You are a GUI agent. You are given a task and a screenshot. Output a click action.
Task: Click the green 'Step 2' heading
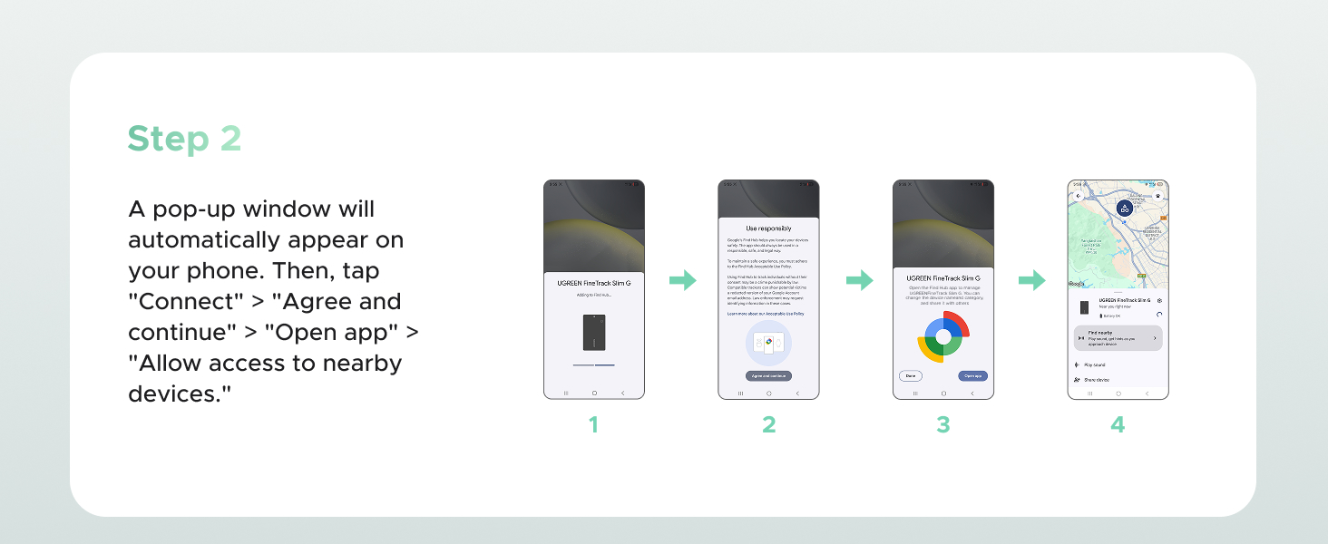pos(184,139)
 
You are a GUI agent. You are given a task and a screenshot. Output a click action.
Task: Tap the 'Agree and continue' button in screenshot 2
pos(768,375)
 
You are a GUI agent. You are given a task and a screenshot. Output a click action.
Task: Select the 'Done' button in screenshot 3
pos(910,375)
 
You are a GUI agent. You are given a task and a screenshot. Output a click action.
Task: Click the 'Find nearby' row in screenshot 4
pos(1118,337)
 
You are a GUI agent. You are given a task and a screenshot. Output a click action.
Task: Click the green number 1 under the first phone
pos(593,424)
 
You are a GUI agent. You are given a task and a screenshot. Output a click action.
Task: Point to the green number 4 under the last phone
pos(1118,424)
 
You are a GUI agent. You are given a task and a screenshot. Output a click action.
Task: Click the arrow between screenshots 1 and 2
pos(682,281)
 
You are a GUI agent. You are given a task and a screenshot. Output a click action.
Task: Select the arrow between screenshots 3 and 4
pos(1031,281)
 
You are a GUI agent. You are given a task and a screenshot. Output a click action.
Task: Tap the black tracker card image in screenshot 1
pos(594,333)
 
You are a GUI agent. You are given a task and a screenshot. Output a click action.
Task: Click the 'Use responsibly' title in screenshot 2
pos(768,228)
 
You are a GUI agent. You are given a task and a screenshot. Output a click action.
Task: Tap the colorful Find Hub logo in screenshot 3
pos(943,336)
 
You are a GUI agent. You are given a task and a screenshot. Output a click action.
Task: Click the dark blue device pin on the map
pos(1125,209)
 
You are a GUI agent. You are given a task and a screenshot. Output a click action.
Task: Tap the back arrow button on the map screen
pos(1078,196)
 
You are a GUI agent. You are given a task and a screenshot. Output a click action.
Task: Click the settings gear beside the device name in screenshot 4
pos(1159,300)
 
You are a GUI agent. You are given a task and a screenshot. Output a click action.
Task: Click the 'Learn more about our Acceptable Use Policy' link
pos(766,313)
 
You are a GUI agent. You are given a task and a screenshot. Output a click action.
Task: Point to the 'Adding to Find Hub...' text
pos(594,296)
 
